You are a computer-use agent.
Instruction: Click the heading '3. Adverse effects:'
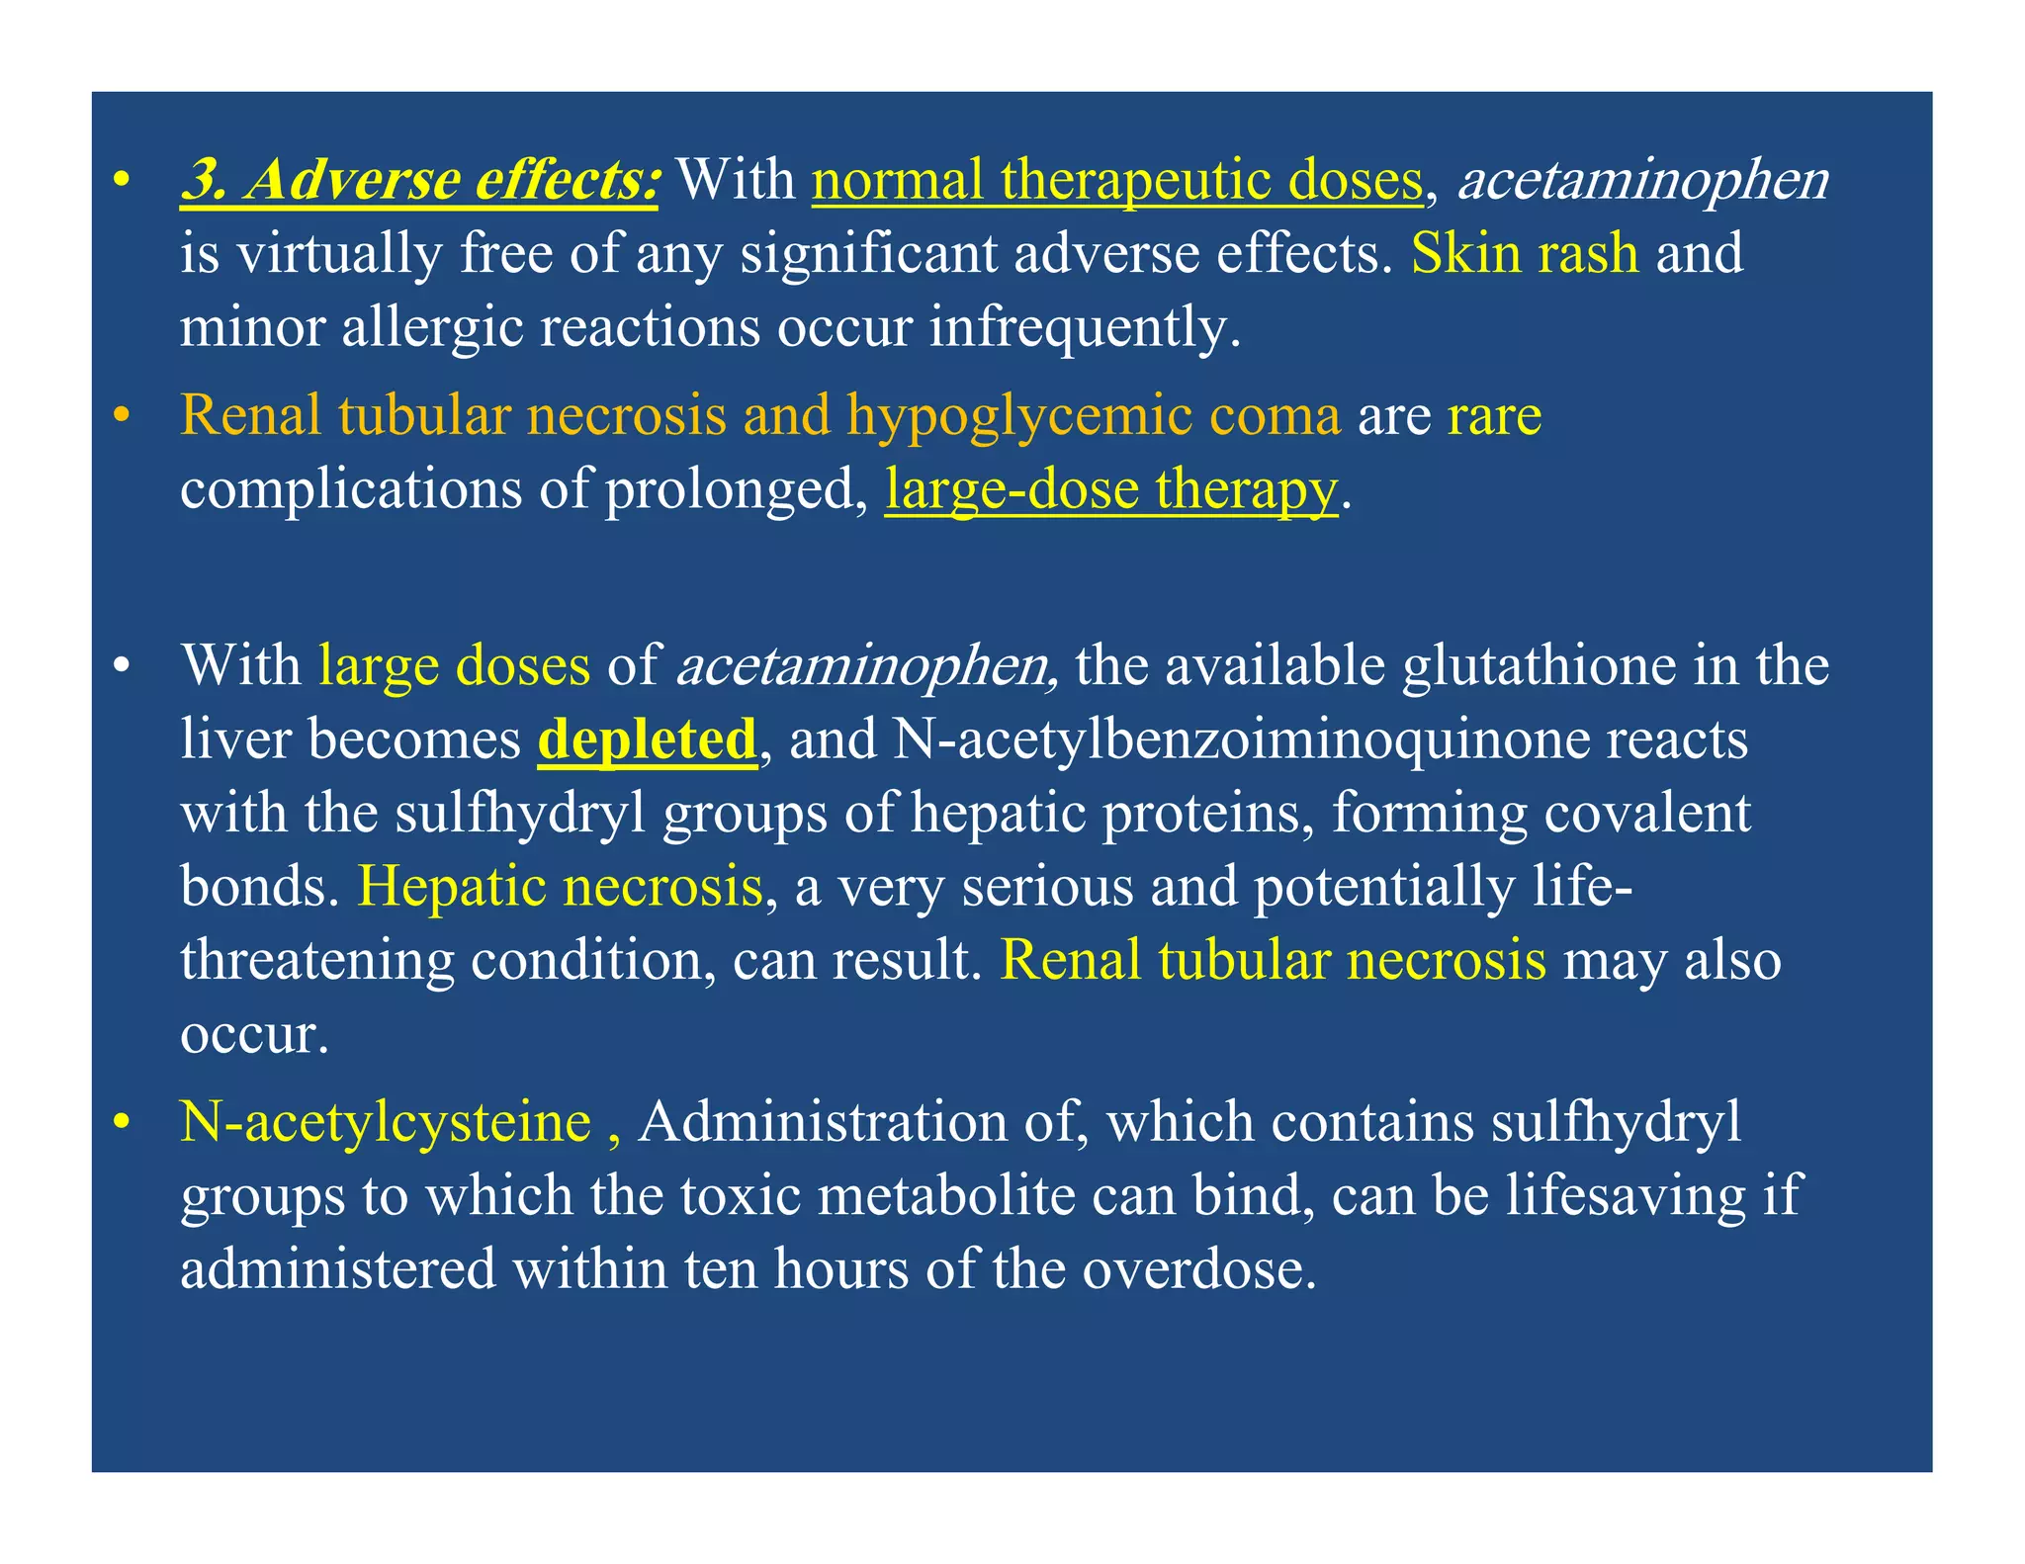coord(419,181)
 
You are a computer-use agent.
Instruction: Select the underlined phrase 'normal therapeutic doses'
coord(1116,181)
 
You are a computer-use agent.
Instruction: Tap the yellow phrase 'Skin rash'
coord(1524,254)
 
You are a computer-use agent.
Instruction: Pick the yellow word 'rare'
coord(1493,415)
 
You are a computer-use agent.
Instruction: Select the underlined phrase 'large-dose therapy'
coord(1110,489)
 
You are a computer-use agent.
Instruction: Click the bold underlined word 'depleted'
coord(647,739)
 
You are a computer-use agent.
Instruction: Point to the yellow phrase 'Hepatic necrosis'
coord(560,886)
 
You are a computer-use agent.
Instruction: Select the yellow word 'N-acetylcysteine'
coord(386,1123)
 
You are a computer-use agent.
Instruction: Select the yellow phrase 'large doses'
coord(454,665)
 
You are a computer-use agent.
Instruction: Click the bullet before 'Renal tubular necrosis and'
coord(122,416)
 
